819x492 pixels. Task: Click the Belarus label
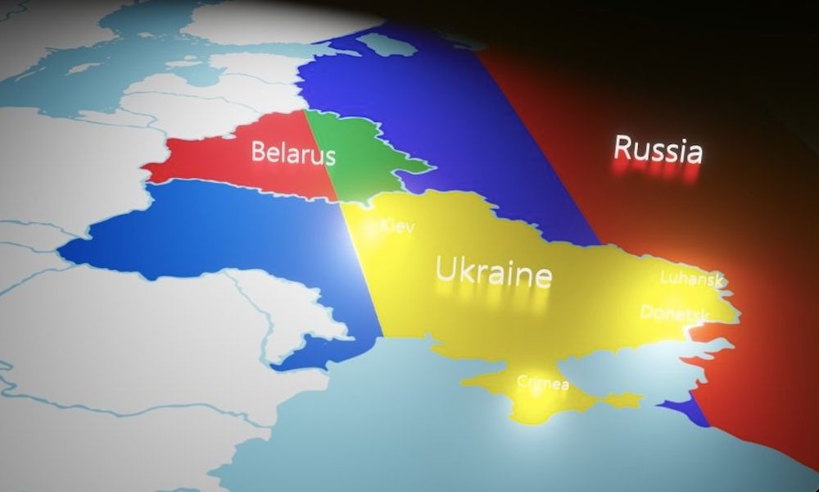(x=293, y=153)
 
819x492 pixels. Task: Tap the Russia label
(x=658, y=149)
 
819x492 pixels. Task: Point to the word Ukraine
(x=493, y=271)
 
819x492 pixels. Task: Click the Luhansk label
(x=692, y=278)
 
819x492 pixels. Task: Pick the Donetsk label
(x=674, y=312)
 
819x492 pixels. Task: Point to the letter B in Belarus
(x=258, y=152)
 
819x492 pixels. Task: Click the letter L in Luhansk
(x=666, y=277)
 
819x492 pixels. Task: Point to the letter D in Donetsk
(x=647, y=312)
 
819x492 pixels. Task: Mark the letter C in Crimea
(x=522, y=381)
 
